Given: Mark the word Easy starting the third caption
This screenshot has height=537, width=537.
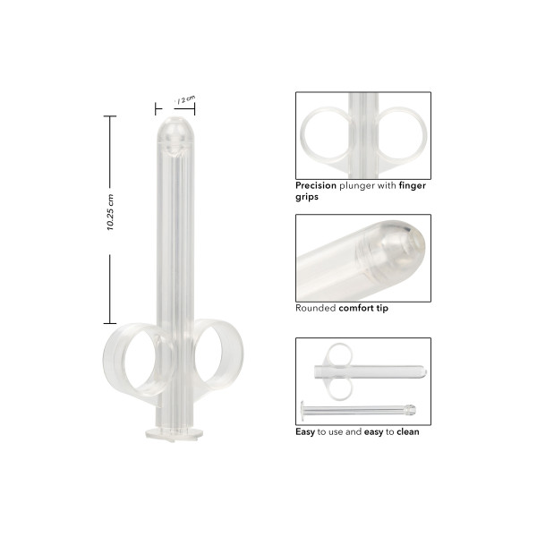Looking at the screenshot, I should pyautogui.click(x=306, y=430).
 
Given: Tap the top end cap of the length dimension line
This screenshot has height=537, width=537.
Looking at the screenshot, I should pyautogui.click(x=111, y=116).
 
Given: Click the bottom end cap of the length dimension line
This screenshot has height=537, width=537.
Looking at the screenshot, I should pyautogui.click(x=111, y=321).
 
